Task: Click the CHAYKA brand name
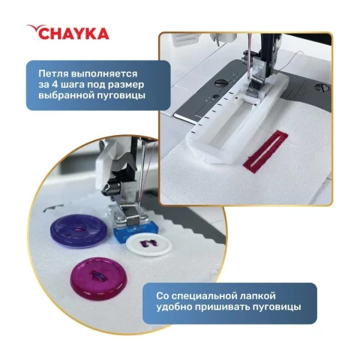(x=73, y=34)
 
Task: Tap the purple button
(x=79, y=230)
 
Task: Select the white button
(x=149, y=245)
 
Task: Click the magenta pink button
(x=99, y=277)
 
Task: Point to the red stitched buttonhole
(x=265, y=149)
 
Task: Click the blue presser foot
(x=136, y=231)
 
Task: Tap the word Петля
(x=53, y=74)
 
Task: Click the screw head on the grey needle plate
(x=219, y=82)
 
